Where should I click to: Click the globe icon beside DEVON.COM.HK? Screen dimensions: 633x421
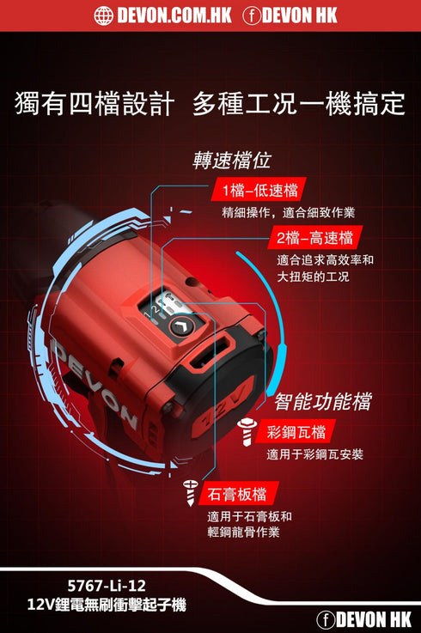pos(103,15)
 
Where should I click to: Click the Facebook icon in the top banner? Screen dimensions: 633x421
pos(253,15)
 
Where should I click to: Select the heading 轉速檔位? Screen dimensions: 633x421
pos(233,161)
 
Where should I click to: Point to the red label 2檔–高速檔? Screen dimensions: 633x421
pos(314,237)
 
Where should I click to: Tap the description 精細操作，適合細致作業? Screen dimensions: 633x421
pos(288,212)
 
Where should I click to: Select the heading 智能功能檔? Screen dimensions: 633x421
pos(322,401)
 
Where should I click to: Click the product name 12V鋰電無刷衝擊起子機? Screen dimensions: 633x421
pos(106,606)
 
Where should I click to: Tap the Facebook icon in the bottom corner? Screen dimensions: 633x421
pos(326,619)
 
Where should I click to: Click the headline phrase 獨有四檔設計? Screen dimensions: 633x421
pos(95,104)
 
